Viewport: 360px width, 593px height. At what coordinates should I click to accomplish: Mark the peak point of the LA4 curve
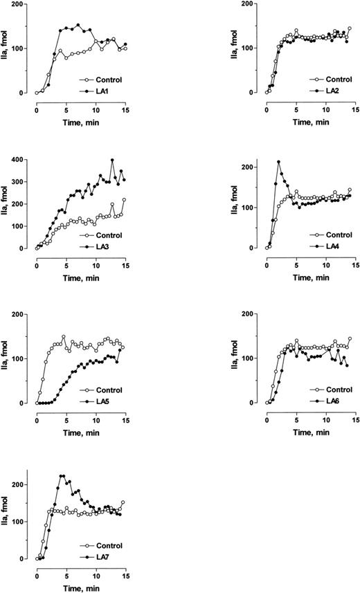pos(278,162)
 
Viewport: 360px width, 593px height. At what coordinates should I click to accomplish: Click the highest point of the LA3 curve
pos(112,160)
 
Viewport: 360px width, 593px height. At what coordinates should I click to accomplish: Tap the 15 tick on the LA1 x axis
pos(125,102)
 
